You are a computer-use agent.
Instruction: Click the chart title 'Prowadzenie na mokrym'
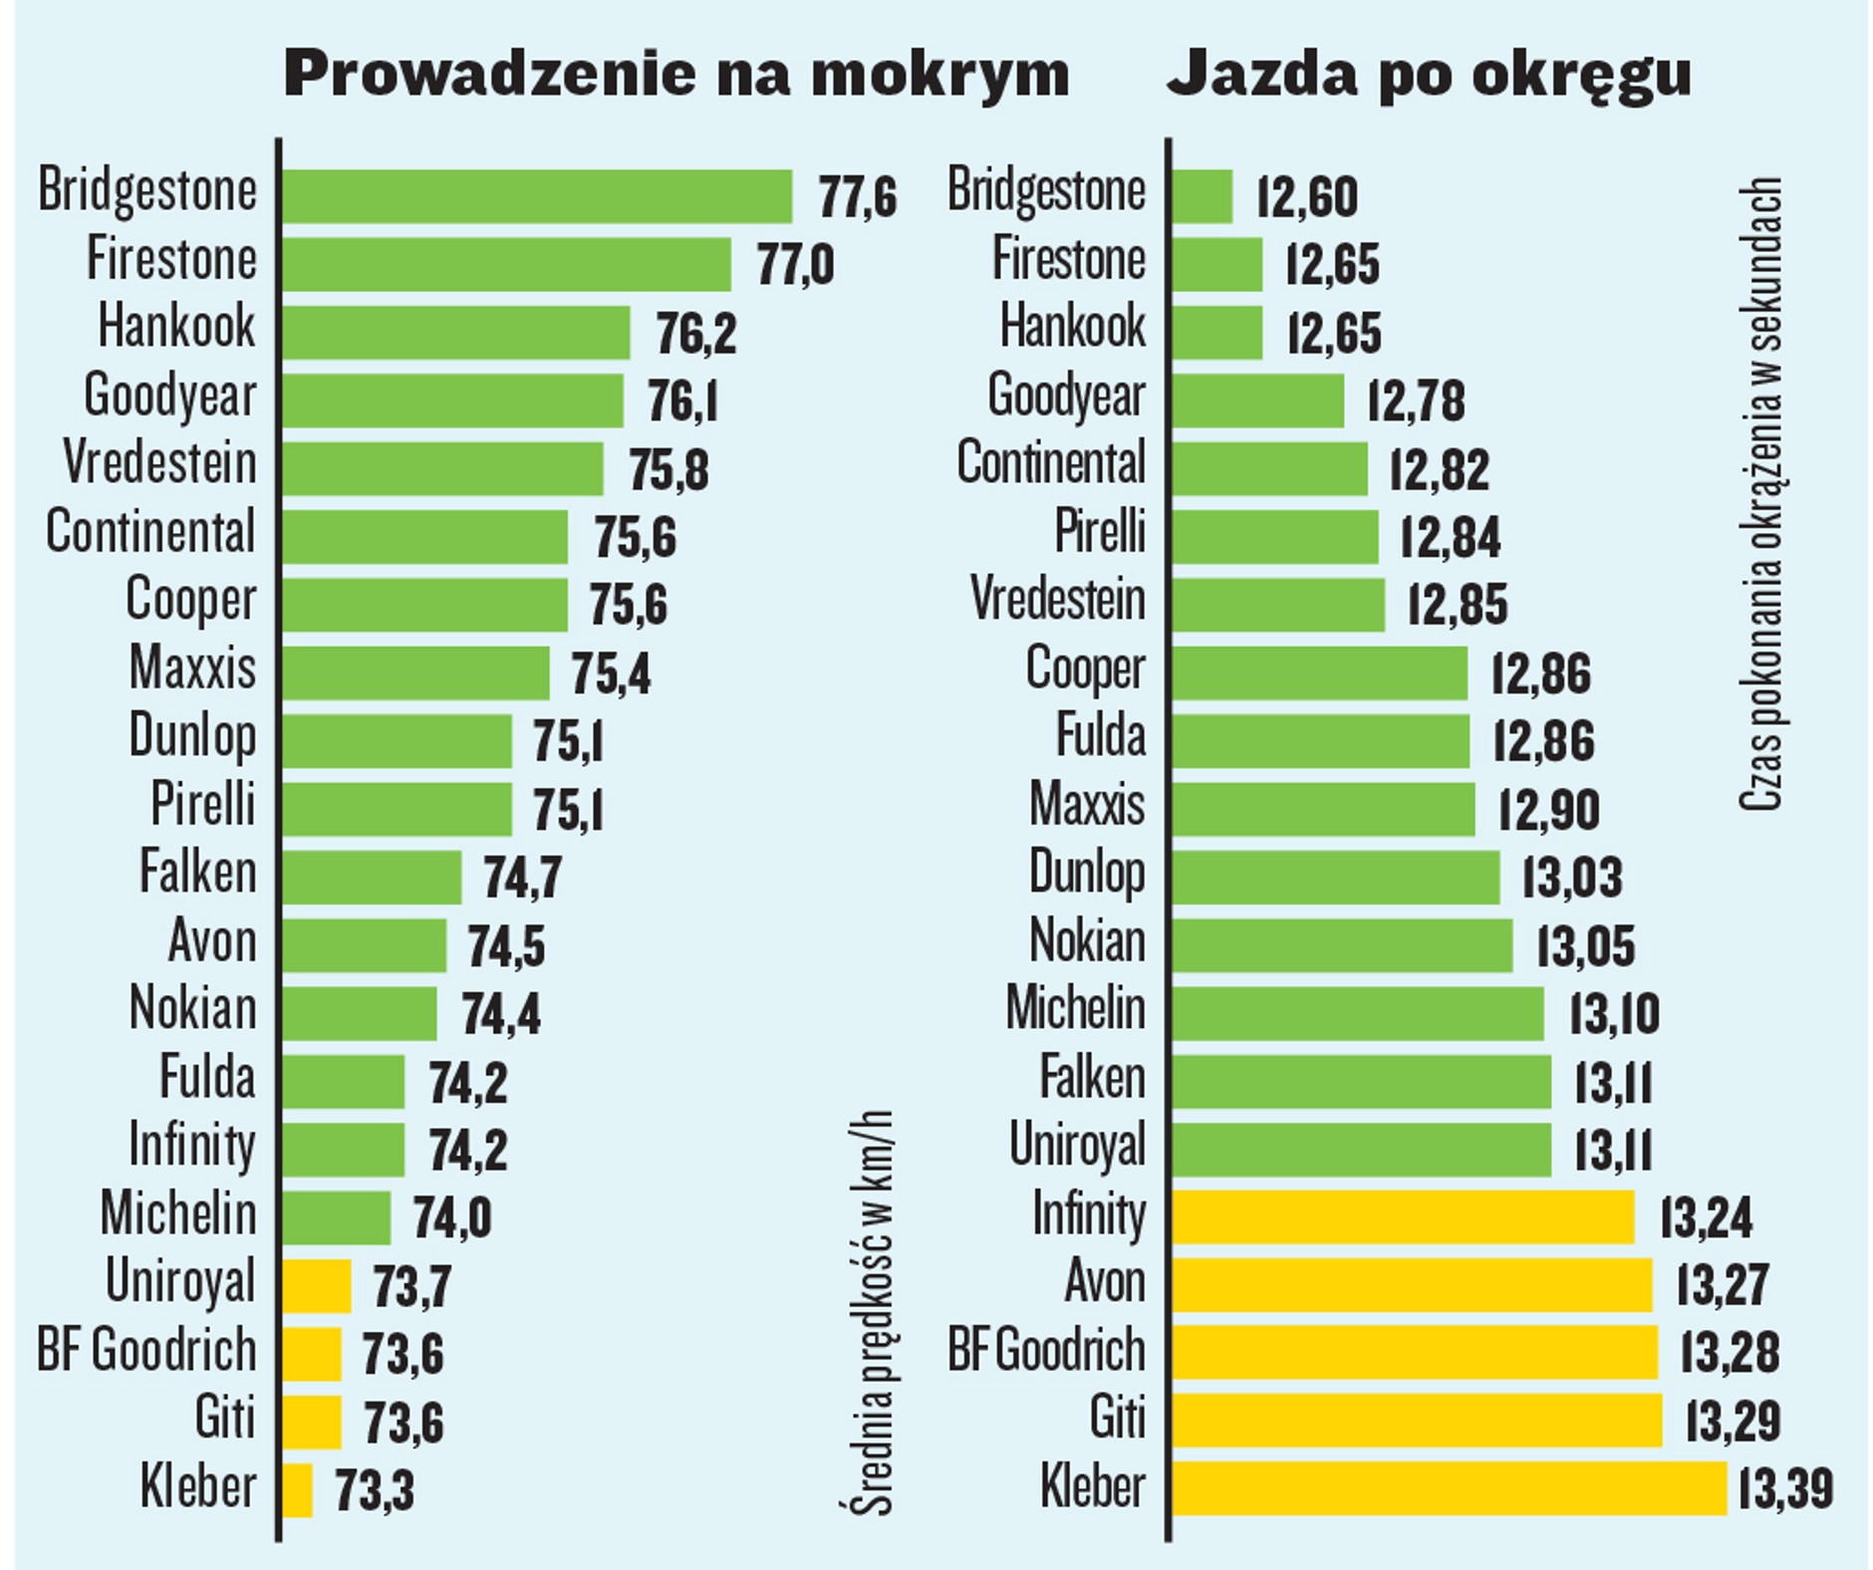[x=675, y=74]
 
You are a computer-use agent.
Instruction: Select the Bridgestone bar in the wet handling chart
[x=536, y=196]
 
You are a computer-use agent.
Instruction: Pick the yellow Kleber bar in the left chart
[x=297, y=1490]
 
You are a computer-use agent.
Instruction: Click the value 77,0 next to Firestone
[x=795, y=265]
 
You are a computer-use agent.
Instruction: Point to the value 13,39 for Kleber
[x=1784, y=1490]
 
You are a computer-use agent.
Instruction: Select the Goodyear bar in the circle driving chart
[x=1257, y=400]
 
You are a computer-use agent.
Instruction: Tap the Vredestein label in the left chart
[x=159, y=464]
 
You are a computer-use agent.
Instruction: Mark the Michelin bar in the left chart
[x=336, y=1217]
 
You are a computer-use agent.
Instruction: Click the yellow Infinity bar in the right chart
[x=1403, y=1217]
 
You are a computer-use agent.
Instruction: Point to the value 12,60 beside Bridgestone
[x=1306, y=196]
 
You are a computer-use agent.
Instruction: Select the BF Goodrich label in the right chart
[x=1046, y=1352]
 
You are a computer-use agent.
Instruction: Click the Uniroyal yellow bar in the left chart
[x=316, y=1286]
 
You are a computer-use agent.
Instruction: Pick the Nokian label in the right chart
[x=1087, y=941]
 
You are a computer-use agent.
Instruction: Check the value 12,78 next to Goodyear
[x=1416, y=400]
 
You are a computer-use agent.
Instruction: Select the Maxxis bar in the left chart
[x=414, y=673]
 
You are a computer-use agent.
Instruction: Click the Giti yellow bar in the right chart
[x=1416, y=1421]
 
